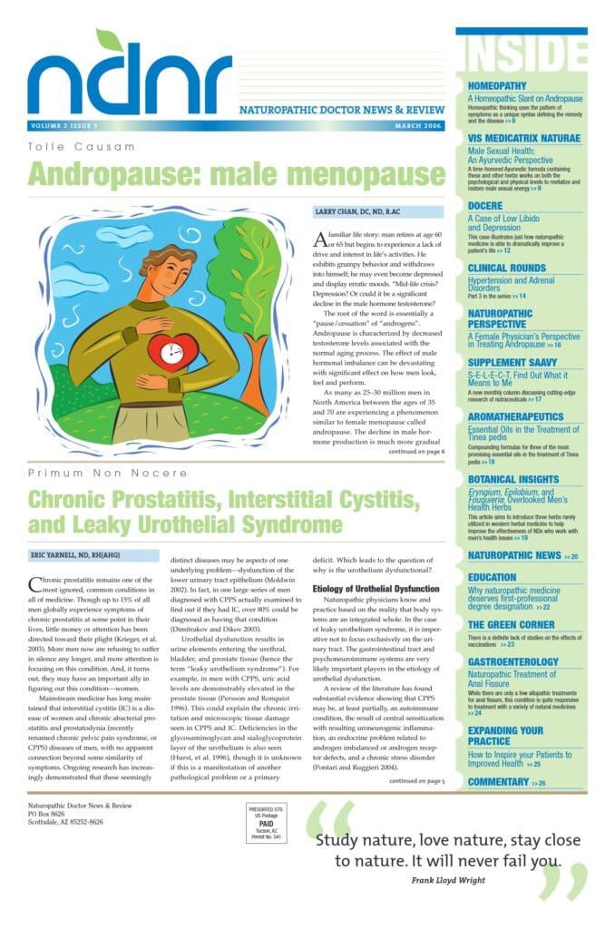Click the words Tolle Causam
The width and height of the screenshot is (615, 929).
point(82,146)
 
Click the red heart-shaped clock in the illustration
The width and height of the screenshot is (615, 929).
point(172,350)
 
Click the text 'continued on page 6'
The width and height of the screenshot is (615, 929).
point(416,451)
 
